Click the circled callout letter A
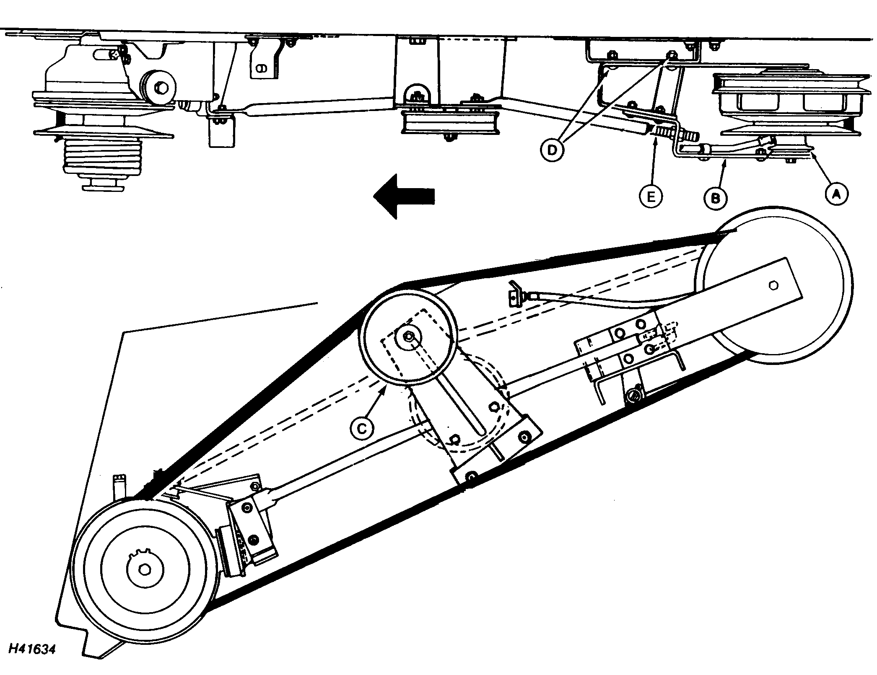[x=836, y=194]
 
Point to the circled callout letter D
[x=552, y=150]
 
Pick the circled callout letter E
[x=651, y=196]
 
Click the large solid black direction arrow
[x=404, y=196]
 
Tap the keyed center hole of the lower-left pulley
[x=145, y=569]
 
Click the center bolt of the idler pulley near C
[x=409, y=336]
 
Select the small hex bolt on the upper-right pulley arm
[x=773, y=285]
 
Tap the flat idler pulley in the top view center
[x=450, y=123]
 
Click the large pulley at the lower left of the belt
[x=145, y=569]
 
